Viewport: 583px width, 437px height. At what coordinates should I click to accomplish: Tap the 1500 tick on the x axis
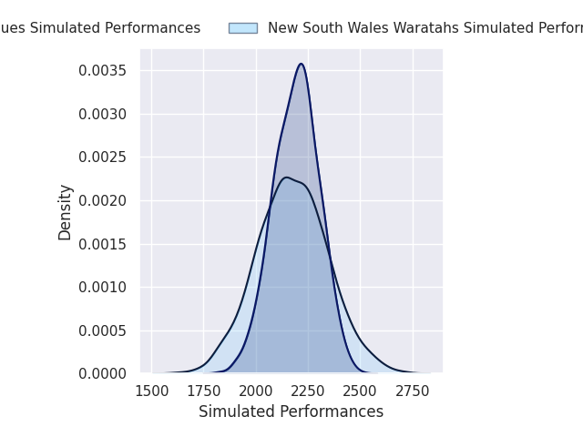151,391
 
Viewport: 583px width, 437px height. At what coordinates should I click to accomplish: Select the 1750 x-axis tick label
204,391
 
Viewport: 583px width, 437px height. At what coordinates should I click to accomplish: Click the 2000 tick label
256,391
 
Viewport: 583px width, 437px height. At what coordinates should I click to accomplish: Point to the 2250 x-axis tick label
308,391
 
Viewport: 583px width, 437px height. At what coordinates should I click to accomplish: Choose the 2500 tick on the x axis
361,391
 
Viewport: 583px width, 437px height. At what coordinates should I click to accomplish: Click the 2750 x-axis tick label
413,391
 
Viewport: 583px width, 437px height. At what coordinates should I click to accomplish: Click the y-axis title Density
66,212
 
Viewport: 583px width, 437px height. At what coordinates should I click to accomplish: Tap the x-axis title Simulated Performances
291,412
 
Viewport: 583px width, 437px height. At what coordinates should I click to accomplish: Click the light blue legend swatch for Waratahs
243,28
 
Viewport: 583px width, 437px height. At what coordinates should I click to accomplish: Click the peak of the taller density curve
301,64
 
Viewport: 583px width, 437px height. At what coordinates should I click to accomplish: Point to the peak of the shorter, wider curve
286,178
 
